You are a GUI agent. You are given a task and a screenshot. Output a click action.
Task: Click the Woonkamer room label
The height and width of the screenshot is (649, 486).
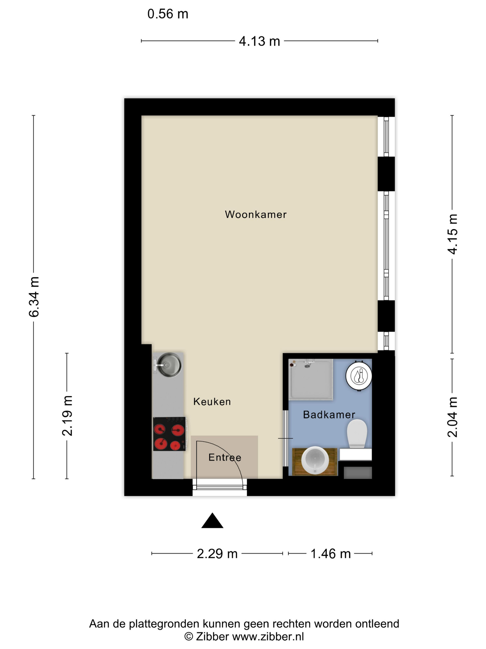click(x=255, y=214)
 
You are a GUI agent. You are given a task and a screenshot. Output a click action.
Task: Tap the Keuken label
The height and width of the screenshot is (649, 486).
click(x=212, y=402)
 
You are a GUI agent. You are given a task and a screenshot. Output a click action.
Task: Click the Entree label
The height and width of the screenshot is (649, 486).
click(x=225, y=457)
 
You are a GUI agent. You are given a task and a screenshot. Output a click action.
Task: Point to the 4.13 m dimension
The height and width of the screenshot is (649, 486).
click(x=259, y=41)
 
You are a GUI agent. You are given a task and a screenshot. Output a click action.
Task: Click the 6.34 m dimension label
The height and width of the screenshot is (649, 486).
click(x=34, y=297)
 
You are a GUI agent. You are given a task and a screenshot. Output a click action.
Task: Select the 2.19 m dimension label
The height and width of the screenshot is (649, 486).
click(x=67, y=415)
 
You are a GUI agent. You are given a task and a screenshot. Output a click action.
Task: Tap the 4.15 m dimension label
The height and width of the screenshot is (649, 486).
click(x=452, y=234)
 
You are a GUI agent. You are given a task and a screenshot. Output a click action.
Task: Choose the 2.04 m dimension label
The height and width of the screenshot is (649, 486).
click(x=452, y=417)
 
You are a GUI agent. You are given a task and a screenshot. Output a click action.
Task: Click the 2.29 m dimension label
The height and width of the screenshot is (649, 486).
click(x=217, y=554)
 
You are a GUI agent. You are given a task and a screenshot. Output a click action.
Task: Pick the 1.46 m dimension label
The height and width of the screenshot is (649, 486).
click(x=330, y=554)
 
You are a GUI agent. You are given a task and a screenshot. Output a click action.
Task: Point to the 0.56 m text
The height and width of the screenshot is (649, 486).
click(x=168, y=14)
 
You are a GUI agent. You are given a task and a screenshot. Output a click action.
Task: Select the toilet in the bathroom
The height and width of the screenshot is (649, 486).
click(x=357, y=433)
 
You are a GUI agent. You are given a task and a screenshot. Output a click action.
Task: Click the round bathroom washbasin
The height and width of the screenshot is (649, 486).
click(x=315, y=460)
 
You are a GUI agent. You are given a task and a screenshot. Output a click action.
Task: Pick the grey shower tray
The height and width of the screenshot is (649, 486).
click(x=311, y=379)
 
